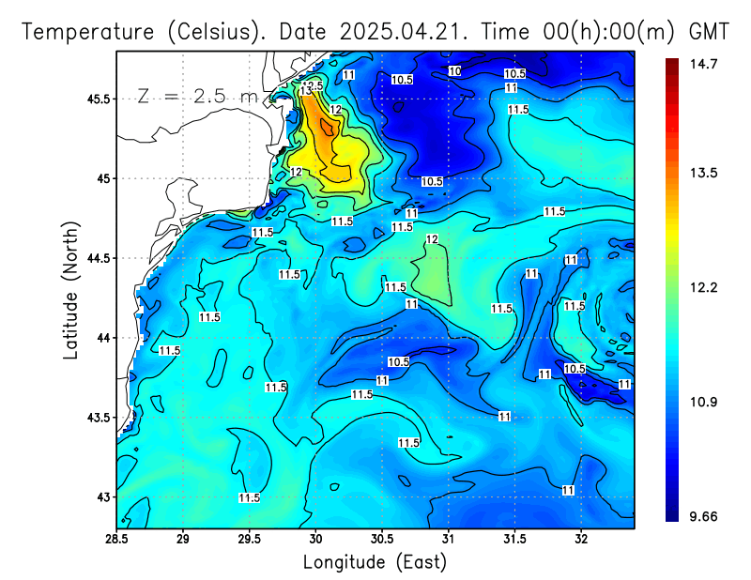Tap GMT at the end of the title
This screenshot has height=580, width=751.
point(709,31)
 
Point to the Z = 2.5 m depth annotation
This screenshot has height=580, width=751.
point(193,96)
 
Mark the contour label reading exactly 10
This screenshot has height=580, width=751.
point(454,71)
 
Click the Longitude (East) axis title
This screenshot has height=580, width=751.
point(375,562)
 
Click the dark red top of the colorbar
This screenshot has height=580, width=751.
point(672,64)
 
